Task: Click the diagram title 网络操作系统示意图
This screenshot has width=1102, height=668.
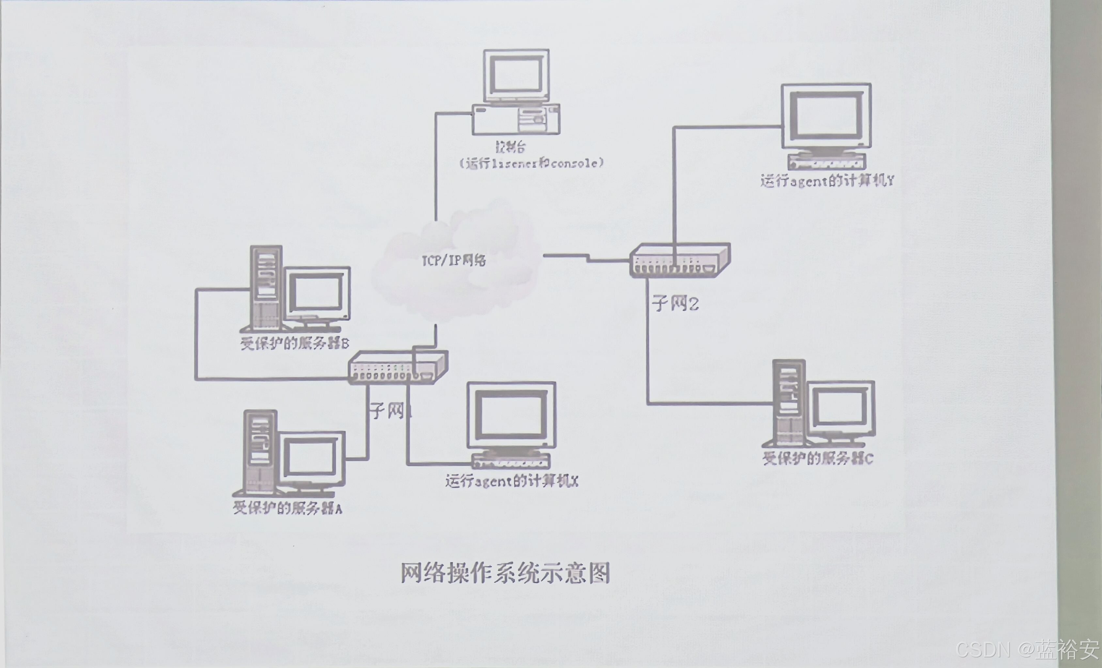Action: (x=505, y=573)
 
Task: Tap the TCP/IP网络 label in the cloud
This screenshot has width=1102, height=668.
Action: (x=454, y=260)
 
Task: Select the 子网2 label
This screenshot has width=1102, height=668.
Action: (x=675, y=303)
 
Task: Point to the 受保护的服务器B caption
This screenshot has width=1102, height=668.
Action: (x=295, y=343)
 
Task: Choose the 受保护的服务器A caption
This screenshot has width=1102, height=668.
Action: (x=288, y=508)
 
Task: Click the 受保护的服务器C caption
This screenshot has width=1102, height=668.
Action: (x=818, y=459)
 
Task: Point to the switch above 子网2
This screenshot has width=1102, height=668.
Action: (x=680, y=261)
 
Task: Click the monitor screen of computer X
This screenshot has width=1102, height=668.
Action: (x=511, y=414)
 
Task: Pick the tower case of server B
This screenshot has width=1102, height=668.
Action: (x=267, y=288)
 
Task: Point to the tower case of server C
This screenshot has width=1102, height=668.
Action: (x=789, y=402)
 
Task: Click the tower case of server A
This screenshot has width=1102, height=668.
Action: (x=260, y=451)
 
